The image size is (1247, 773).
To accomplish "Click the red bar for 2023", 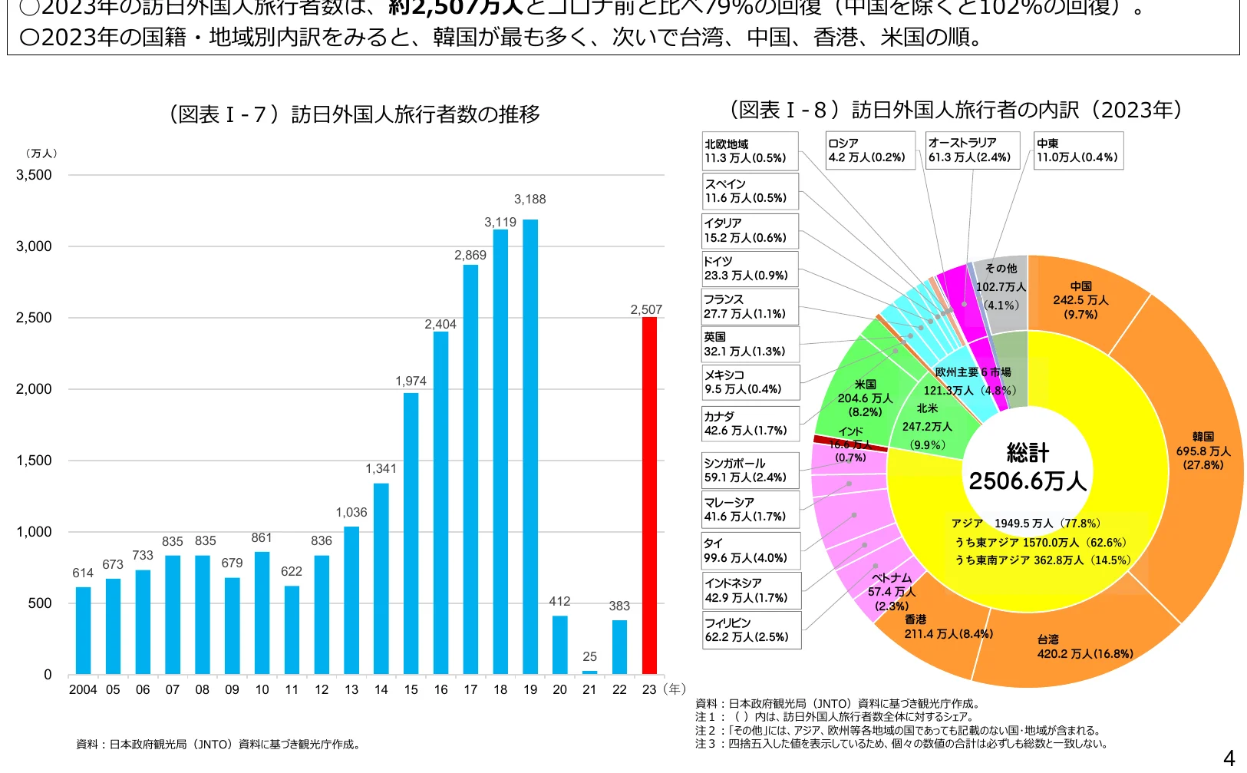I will [x=649, y=496].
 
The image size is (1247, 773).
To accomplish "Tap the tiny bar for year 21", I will [x=589, y=672].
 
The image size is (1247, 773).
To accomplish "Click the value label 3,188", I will [x=529, y=200].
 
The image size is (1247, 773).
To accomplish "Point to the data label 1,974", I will [x=411, y=382].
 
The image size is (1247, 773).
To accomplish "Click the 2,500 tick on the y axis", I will [x=34, y=318].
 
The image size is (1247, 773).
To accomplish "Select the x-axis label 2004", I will [x=83, y=690].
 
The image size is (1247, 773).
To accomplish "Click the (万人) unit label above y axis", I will [x=41, y=154].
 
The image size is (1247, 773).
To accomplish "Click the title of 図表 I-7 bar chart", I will [x=353, y=114].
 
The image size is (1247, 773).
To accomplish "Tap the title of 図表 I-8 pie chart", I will [x=955, y=111].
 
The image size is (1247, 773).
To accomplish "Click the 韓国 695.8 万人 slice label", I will [x=1202, y=451].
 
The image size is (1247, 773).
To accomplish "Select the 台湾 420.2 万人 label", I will [x=1084, y=646].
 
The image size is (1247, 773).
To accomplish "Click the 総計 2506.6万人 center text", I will [x=1027, y=467].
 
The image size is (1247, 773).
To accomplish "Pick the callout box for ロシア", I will [x=870, y=150].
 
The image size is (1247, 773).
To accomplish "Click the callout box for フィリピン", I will [x=751, y=630].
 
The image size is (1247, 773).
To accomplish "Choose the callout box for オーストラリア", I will [x=972, y=150].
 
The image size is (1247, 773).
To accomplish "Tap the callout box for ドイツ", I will [x=751, y=269].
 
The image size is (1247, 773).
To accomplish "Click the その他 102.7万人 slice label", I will [x=1001, y=286].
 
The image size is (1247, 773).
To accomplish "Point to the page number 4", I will [x=1229, y=758].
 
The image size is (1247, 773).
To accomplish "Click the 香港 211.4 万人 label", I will [x=948, y=626].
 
